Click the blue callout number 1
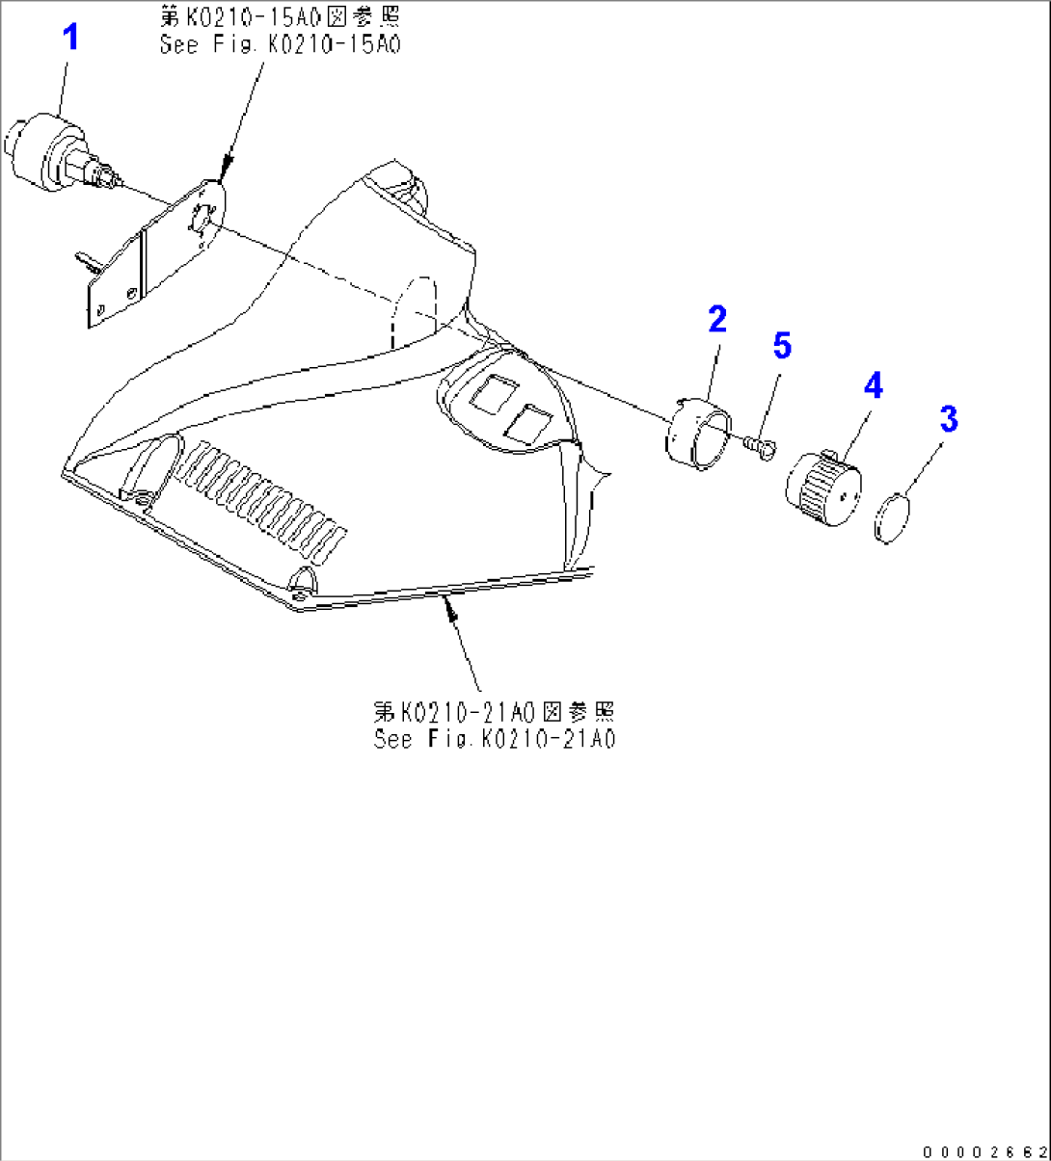pos(70,38)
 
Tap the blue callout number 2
pos(717,319)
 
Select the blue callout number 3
pos(949,418)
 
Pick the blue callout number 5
pos(782,345)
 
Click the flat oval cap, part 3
pos(892,518)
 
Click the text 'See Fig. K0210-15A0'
pos(280,44)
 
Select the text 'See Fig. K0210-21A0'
pos(495,739)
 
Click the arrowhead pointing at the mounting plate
pos(226,168)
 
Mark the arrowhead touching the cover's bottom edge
pos(449,608)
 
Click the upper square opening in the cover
pos(494,393)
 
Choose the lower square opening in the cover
pos(527,425)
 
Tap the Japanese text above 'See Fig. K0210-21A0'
pos(494,712)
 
